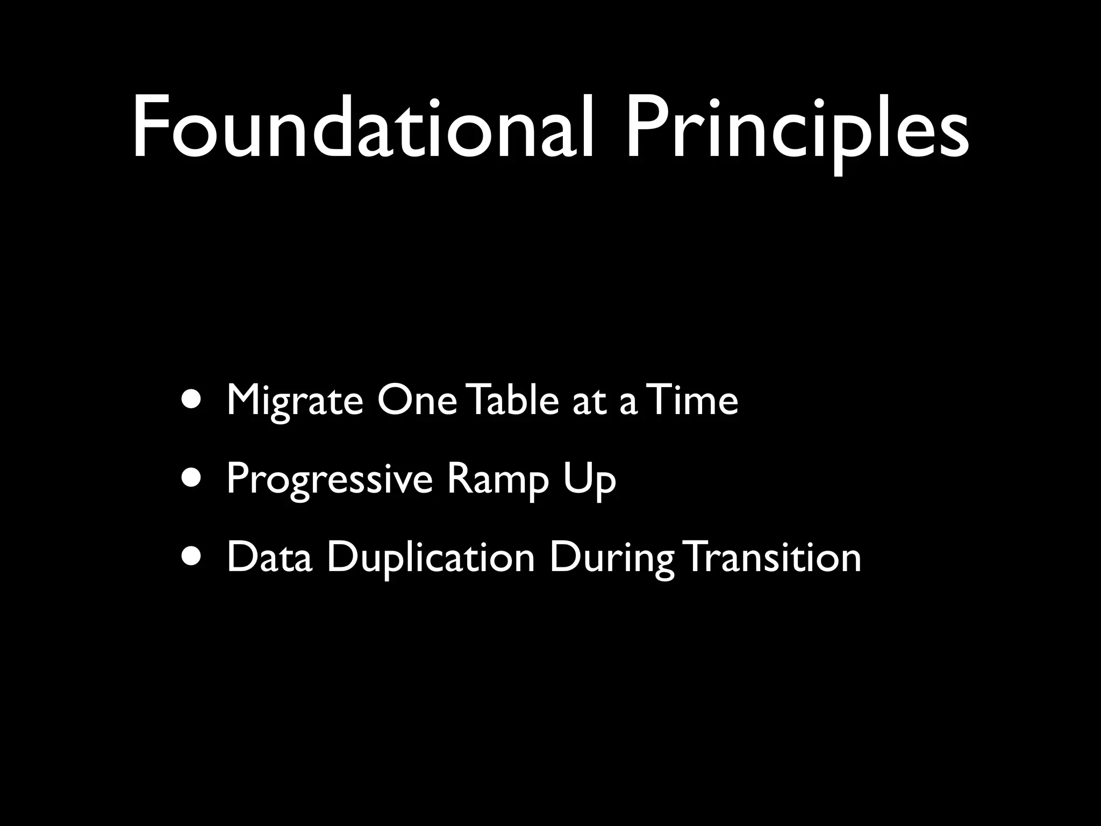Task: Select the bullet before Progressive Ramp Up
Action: point(192,478)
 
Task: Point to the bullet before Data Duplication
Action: point(192,557)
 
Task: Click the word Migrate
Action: point(295,401)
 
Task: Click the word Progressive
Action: point(329,479)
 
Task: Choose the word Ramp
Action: point(498,479)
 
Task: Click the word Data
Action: point(269,557)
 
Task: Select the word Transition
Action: point(774,557)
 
